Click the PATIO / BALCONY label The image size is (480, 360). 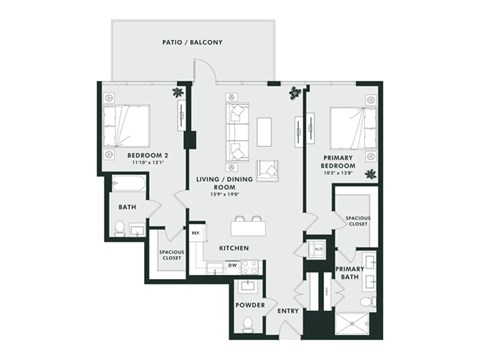tap(192, 43)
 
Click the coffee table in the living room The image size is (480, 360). tap(264, 132)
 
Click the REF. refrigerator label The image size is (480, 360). tap(196, 232)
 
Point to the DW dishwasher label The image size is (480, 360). tap(231, 265)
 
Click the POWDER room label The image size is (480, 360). tap(249, 304)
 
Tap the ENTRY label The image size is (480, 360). tap(288, 311)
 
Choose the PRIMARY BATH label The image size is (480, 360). tap(350, 274)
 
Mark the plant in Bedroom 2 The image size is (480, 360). tap(178, 93)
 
